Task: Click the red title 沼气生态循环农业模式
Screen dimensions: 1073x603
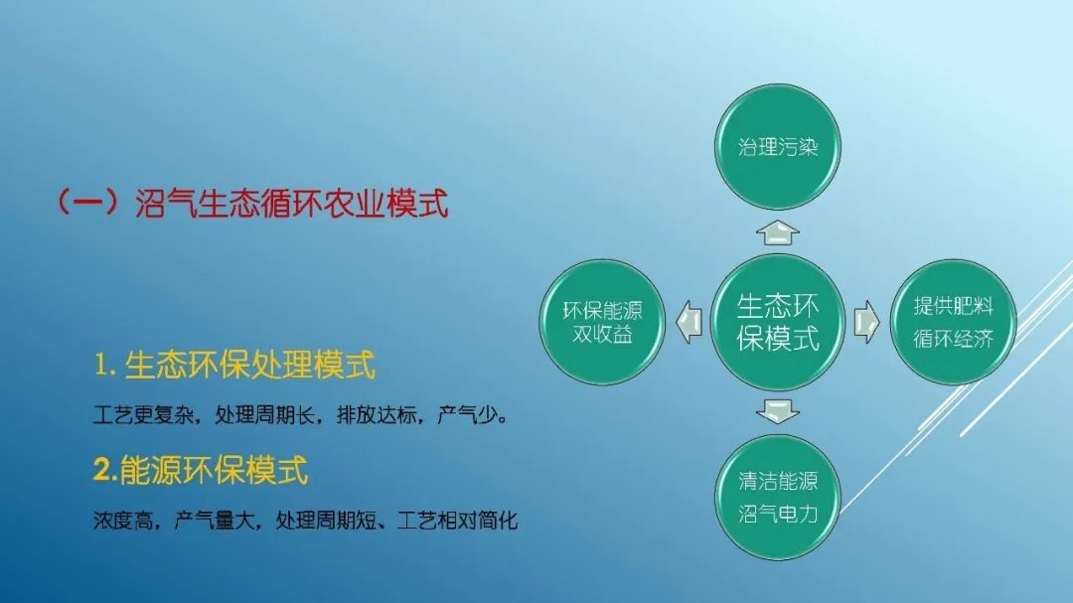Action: (x=291, y=204)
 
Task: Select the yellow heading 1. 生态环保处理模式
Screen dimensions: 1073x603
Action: (x=234, y=365)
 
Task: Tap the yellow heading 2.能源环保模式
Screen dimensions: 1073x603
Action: (x=201, y=470)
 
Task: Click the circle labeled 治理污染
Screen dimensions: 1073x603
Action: (x=778, y=146)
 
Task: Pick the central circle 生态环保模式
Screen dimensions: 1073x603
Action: (x=778, y=322)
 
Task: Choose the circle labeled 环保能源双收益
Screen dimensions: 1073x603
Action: (x=602, y=322)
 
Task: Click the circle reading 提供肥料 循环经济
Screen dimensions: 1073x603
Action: (x=953, y=322)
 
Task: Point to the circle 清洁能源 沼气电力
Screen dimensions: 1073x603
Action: (x=778, y=497)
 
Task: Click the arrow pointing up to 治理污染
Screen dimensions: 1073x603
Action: (x=778, y=232)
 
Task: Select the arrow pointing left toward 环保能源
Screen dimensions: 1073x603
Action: (x=690, y=322)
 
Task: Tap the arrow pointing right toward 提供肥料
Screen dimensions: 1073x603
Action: (x=866, y=322)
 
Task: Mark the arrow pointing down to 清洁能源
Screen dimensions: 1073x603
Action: (x=778, y=411)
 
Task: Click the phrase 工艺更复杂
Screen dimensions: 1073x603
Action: (x=143, y=415)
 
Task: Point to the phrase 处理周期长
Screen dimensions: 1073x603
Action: (x=265, y=415)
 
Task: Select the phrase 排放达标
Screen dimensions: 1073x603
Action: (x=378, y=415)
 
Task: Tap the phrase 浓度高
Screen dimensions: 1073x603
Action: (x=123, y=521)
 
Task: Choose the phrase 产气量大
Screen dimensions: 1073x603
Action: (x=215, y=521)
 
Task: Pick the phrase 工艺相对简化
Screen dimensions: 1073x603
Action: (x=457, y=521)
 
